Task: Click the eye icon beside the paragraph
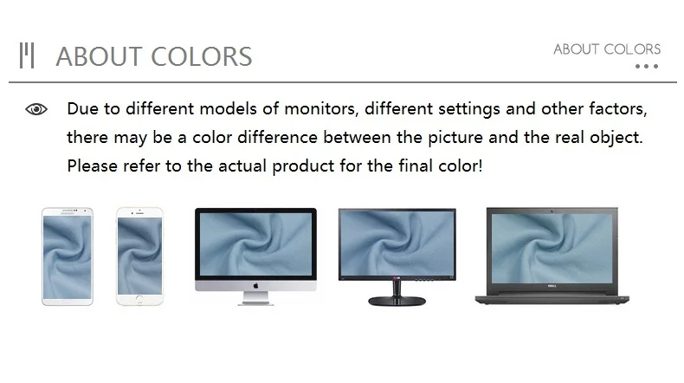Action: pyautogui.click(x=36, y=108)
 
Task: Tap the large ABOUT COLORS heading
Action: pyautogui.click(x=153, y=56)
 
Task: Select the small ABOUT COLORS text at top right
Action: pyautogui.click(x=607, y=49)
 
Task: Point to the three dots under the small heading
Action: pyautogui.click(x=647, y=67)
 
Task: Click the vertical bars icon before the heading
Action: pyautogui.click(x=27, y=55)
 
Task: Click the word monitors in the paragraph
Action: pyautogui.click(x=321, y=108)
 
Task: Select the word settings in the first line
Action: pyautogui.click(x=469, y=108)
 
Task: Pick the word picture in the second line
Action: pyautogui.click(x=455, y=138)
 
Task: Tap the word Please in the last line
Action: pyautogui.click(x=93, y=166)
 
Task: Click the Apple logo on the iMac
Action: pyautogui.click(x=255, y=286)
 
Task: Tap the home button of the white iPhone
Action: pyautogui.click(x=139, y=299)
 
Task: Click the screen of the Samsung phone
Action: pyautogui.click(x=68, y=256)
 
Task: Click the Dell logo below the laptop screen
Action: pyautogui.click(x=552, y=287)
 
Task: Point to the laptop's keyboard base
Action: pyautogui.click(x=552, y=299)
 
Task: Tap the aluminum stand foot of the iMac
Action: pyautogui.click(x=256, y=298)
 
